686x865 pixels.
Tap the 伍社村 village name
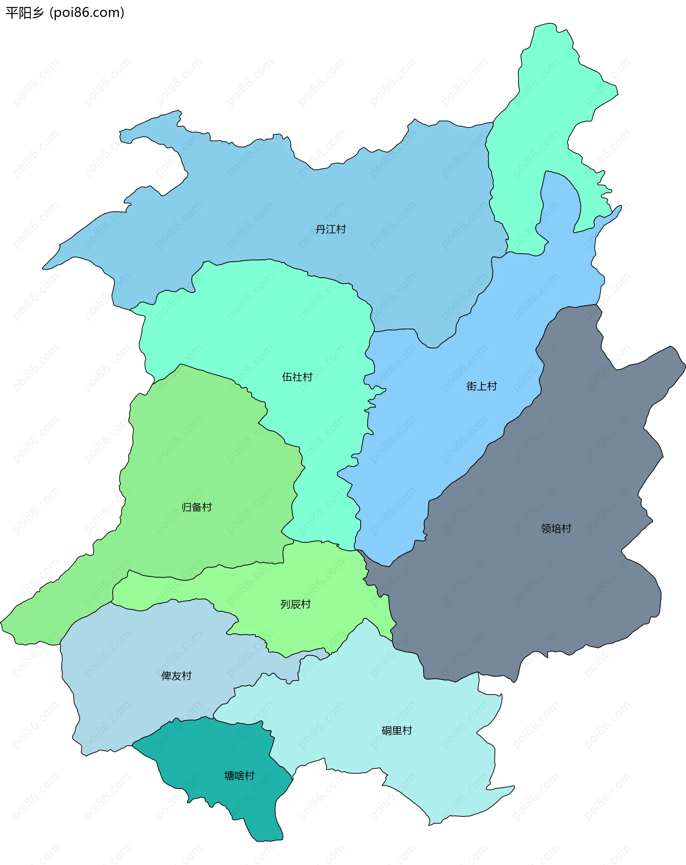pyautogui.click(x=297, y=377)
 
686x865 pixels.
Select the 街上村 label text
pyautogui.click(x=481, y=386)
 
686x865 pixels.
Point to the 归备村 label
pyautogui.click(x=197, y=507)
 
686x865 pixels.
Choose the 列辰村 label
pyautogui.click(x=295, y=604)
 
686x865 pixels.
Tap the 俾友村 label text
pyautogui.click(x=176, y=676)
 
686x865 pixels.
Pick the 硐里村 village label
pyautogui.click(x=397, y=731)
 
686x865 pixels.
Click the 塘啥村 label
pyautogui.click(x=239, y=775)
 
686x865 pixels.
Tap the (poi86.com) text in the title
pyautogui.click(x=87, y=13)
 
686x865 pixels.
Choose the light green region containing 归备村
pyautogui.click(x=201, y=461)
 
